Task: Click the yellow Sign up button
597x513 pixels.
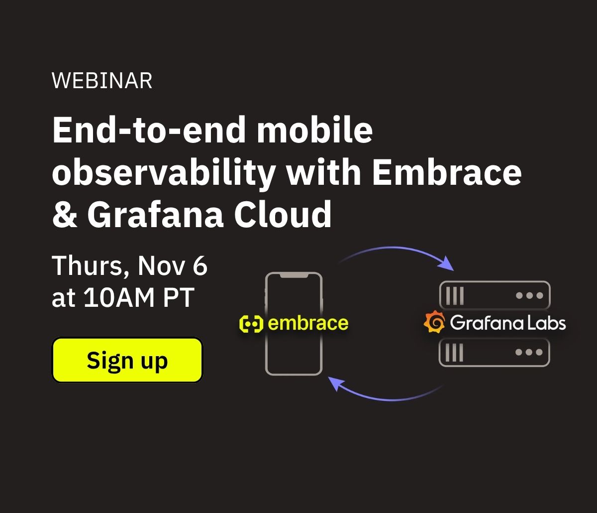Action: (x=127, y=360)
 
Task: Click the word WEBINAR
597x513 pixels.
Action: (x=102, y=81)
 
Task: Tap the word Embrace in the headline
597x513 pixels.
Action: (x=447, y=173)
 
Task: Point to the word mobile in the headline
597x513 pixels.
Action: (x=315, y=129)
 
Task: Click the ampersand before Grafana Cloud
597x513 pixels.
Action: (x=65, y=215)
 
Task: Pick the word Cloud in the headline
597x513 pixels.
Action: (x=283, y=214)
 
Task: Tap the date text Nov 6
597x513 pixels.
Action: (x=173, y=265)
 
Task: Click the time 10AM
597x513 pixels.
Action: (x=119, y=297)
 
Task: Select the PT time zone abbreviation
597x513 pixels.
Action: (x=179, y=297)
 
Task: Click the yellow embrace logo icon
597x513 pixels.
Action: (x=251, y=324)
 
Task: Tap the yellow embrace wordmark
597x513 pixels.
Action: (x=308, y=323)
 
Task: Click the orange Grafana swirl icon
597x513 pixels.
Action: (x=434, y=322)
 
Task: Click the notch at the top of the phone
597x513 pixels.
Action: (x=294, y=275)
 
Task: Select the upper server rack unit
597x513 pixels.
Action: (x=495, y=295)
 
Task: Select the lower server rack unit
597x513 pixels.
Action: (x=494, y=352)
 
